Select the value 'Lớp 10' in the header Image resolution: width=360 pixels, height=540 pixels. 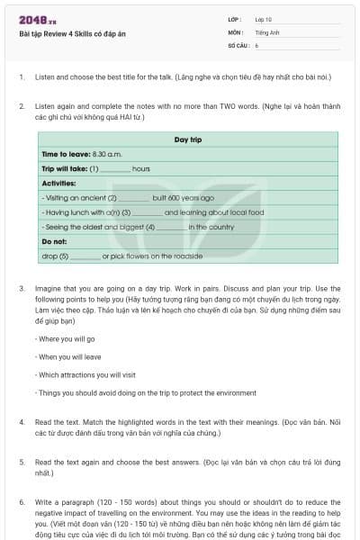pyautogui.click(x=264, y=19)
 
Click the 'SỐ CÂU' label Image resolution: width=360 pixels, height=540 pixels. pyautogui.click(x=238, y=44)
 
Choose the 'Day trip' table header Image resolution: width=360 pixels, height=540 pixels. pyautogui.click(x=187, y=139)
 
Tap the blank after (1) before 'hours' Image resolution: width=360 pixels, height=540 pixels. pyautogui.click(x=115, y=168)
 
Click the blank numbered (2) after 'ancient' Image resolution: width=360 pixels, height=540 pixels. pyautogui.click(x=133, y=197)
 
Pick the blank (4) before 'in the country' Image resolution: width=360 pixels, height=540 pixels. pyautogui.click(x=171, y=227)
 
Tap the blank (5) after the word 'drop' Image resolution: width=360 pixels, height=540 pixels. pyautogui.click(x=85, y=256)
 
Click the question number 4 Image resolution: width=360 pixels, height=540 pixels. pyautogui.click(x=21, y=420)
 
